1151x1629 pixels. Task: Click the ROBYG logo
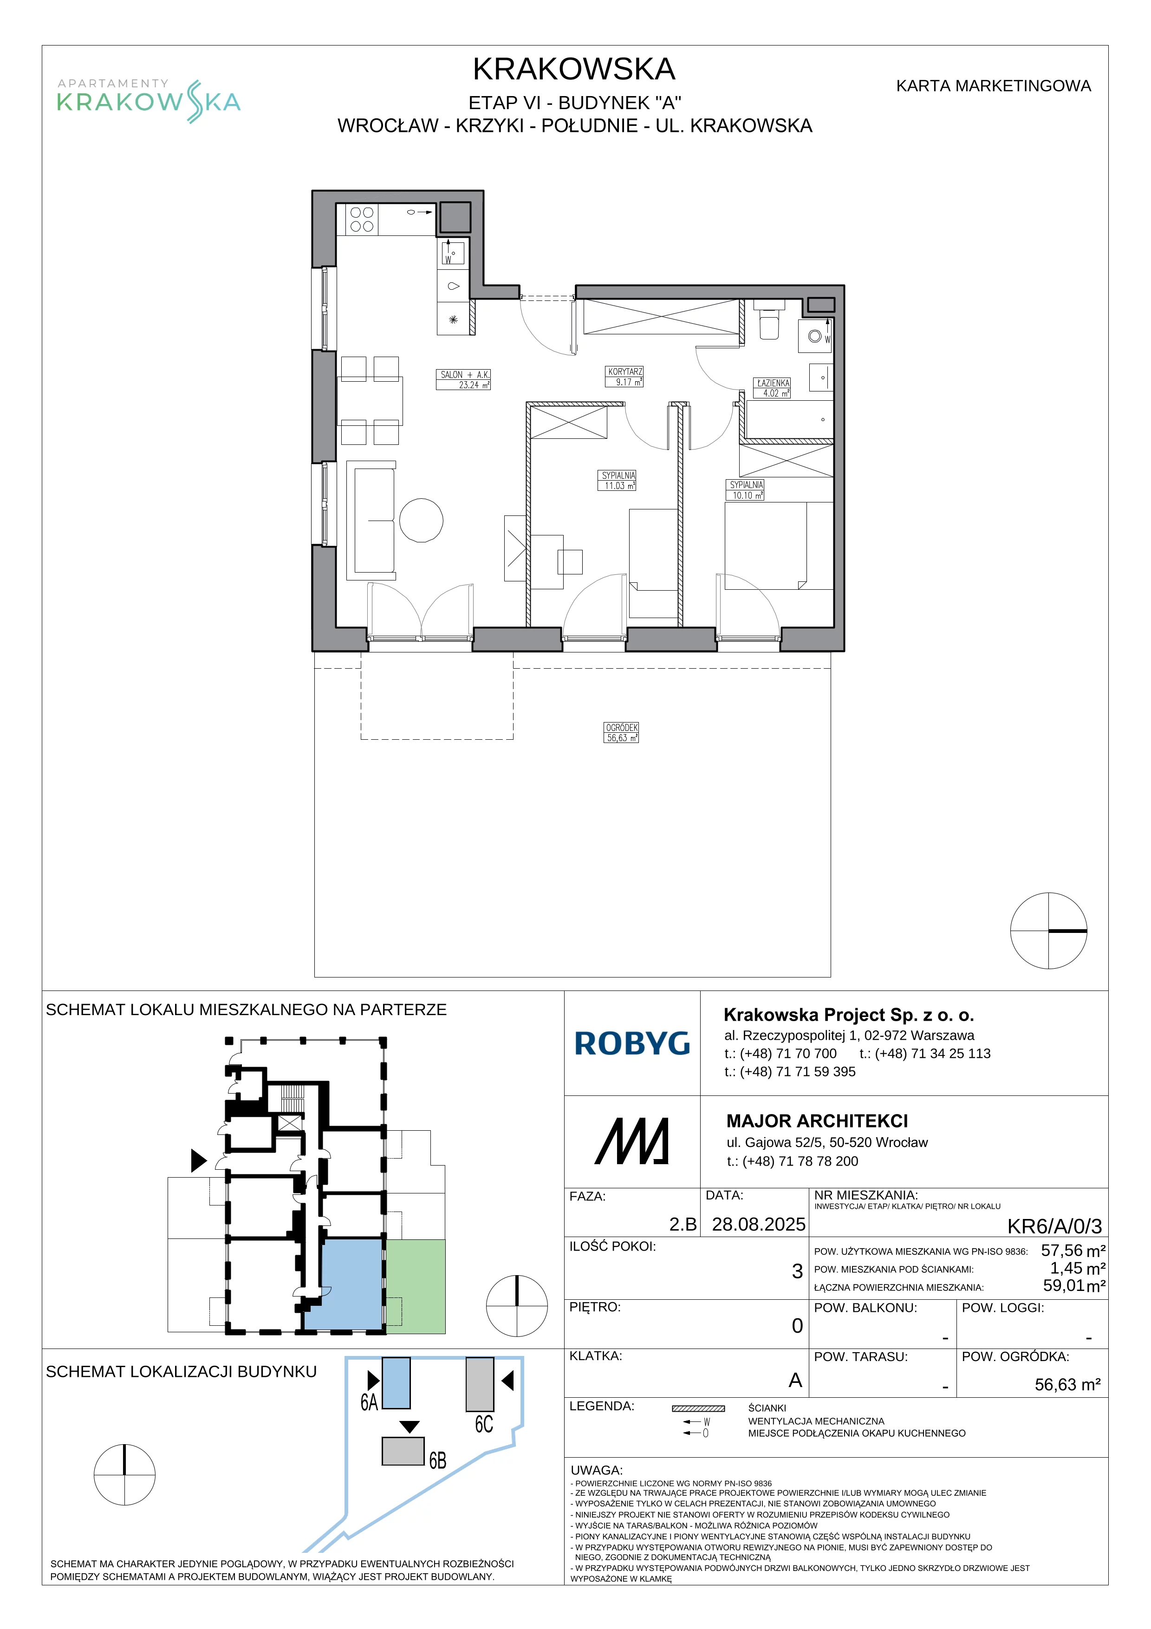pyautogui.click(x=632, y=1044)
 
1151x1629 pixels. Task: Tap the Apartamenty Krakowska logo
pyautogui.click(x=149, y=101)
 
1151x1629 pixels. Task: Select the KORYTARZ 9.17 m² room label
pyautogui.click(x=625, y=377)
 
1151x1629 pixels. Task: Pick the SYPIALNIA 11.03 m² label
pyautogui.click(x=618, y=480)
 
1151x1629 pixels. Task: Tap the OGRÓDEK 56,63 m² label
pyautogui.click(x=621, y=733)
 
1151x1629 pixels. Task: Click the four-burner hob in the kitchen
pyautogui.click(x=362, y=219)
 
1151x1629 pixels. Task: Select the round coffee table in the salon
pyautogui.click(x=421, y=520)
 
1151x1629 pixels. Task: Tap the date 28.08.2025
pyautogui.click(x=759, y=1224)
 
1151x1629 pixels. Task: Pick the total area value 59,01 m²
pyautogui.click(x=1074, y=1285)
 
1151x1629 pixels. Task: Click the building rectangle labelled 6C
pyautogui.click(x=480, y=1384)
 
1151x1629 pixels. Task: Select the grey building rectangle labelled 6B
pyautogui.click(x=403, y=1451)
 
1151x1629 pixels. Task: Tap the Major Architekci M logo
pyautogui.click(x=632, y=1141)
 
